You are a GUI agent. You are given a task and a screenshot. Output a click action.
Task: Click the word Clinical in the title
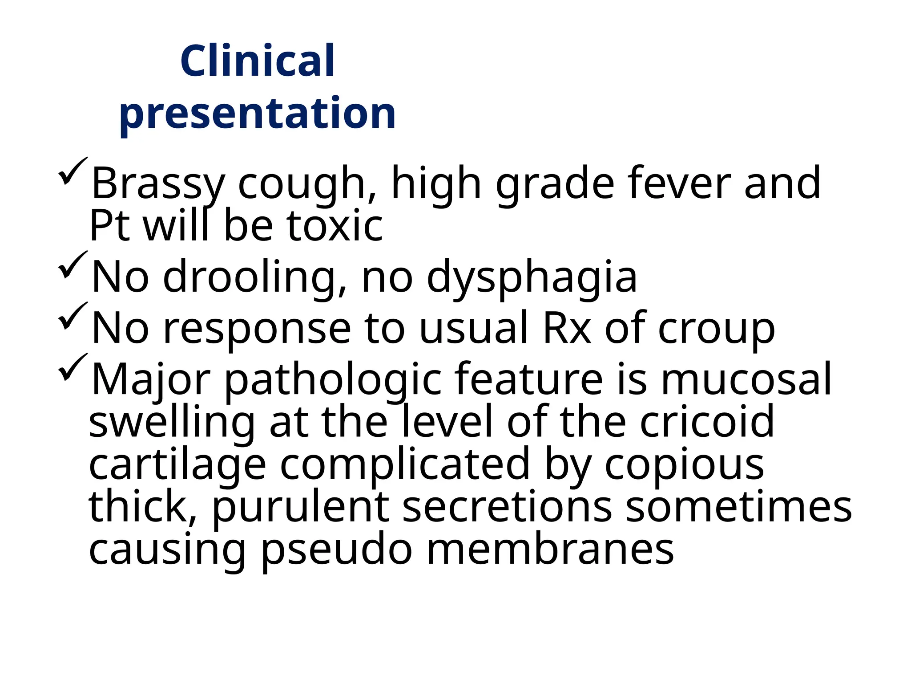click(x=258, y=61)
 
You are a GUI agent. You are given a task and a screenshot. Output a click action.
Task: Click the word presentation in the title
click(x=258, y=114)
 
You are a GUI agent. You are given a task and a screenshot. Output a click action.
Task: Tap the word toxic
click(x=335, y=226)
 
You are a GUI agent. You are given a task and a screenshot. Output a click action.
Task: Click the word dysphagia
click(x=532, y=277)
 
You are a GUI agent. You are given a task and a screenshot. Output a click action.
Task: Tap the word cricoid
click(x=707, y=422)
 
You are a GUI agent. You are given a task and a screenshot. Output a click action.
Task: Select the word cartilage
click(x=177, y=464)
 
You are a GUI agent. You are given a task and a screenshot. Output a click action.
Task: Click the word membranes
click(x=550, y=550)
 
